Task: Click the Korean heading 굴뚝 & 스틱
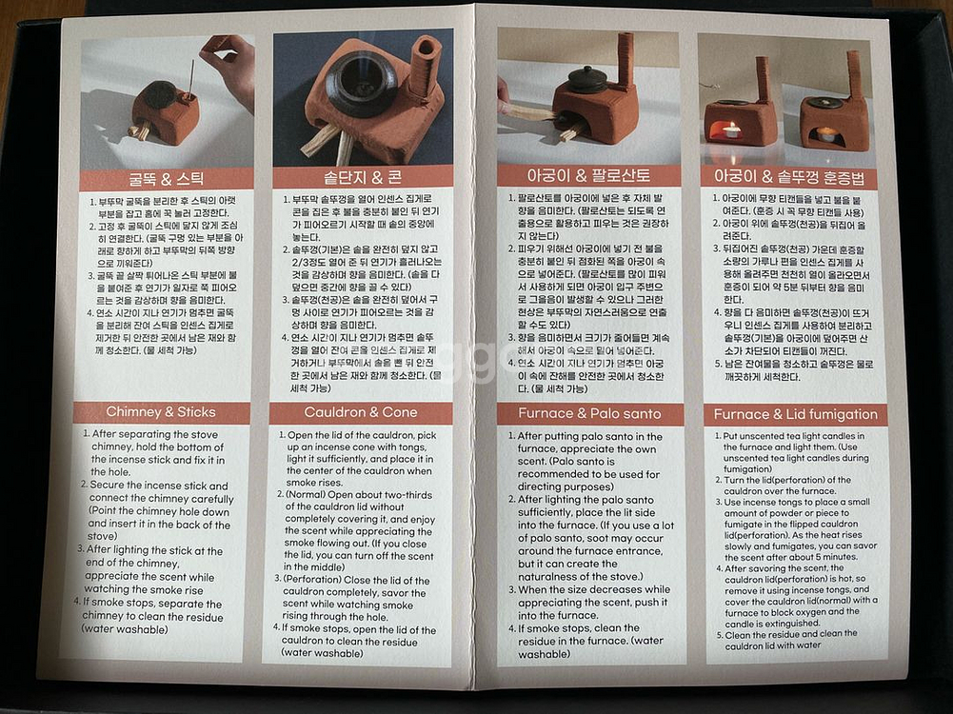click(167, 179)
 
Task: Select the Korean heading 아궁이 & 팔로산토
click(589, 175)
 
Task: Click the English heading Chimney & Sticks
click(161, 412)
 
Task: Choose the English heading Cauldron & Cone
click(361, 412)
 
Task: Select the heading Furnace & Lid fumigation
click(795, 414)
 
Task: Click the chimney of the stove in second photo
click(424, 69)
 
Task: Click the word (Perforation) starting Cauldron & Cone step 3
click(317, 579)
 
